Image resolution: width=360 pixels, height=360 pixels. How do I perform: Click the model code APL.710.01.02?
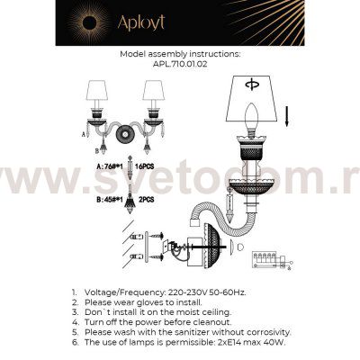pos(179,64)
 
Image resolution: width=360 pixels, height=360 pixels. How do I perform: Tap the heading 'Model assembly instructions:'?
pos(179,54)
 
